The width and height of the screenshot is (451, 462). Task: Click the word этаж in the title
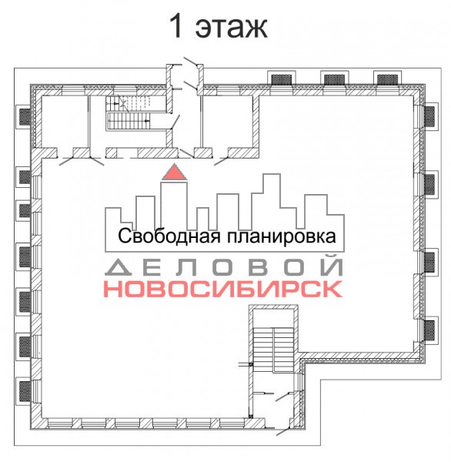click(x=231, y=27)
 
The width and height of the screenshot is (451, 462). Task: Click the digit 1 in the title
click(x=177, y=25)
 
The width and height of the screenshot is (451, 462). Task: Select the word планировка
click(x=281, y=236)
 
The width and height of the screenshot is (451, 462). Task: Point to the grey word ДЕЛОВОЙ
click(x=224, y=267)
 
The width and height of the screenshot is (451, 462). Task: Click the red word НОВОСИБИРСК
click(x=224, y=289)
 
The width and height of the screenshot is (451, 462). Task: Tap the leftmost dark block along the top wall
click(x=282, y=79)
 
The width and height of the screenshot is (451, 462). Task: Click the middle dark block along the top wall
click(x=334, y=79)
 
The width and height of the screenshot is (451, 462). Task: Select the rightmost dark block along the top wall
click(x=387, y=79)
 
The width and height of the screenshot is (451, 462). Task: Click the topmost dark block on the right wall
click(x=429, y=115)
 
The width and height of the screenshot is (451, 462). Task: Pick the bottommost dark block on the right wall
click(x=429, y=330)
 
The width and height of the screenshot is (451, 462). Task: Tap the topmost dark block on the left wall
click(x=25, y=116)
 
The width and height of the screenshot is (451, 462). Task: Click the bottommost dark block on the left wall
click(x=25, y=391)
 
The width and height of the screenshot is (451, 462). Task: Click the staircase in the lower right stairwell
click(x=273, y=349)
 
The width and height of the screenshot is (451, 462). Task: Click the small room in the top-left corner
click(x=65, y=122)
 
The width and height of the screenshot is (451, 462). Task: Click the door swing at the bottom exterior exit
click(x=283, y=432)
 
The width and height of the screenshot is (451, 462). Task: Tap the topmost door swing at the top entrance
click(x=190, y=62)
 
